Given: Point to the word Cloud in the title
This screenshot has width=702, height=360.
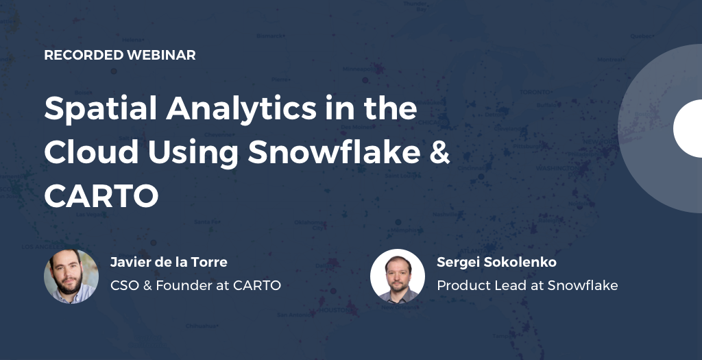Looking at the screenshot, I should click(x=88, y=153).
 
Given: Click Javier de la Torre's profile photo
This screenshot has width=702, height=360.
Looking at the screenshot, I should click(x=71, y=276).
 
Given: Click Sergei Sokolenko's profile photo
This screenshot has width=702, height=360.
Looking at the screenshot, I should click(x=398, y=276).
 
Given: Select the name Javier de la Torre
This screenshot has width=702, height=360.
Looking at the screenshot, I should click(x=169, y=262).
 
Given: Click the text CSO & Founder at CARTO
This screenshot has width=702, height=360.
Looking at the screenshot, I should click(x=195, y=285).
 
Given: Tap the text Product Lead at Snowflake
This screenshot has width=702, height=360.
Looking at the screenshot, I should click(x=527, y=285).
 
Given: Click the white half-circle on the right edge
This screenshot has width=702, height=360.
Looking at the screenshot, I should click(x=688, y=128).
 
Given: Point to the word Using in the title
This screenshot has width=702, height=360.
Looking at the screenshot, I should click(x=198, y=153).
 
